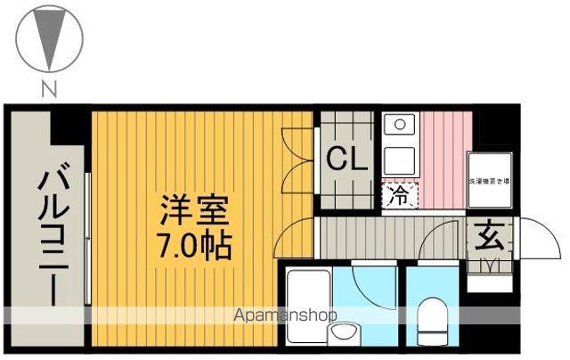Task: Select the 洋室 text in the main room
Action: pyautogui.click(x=193, y=212)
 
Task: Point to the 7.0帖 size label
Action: pyautogui.click(x=193, y=243)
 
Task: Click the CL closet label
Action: pyautogui.click(x=345, y=160)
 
